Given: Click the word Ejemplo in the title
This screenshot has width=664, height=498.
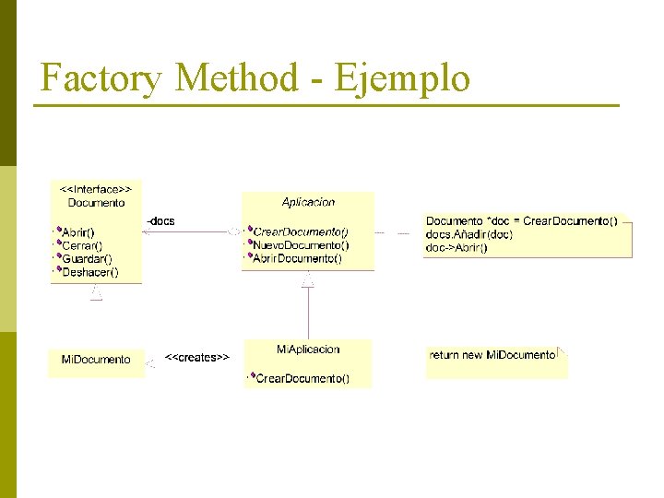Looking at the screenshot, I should [x=402, y=78].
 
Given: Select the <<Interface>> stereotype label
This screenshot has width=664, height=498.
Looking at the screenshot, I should [x=96, y=189].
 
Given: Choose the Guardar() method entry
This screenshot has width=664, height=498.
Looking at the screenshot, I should [x=87, y=259].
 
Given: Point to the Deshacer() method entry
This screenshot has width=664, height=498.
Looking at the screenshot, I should [x=89, y=272].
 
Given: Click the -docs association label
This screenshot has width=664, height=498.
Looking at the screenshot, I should [x=160, y=221].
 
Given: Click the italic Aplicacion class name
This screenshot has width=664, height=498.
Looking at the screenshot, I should [x=308, y=202].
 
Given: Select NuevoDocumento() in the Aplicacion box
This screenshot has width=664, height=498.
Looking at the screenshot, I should [x=301, y=245].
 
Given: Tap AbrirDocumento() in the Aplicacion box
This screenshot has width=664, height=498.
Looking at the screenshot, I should [x=297, y=259].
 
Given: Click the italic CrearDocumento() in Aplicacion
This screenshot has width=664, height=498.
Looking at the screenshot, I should [x=301, y=231].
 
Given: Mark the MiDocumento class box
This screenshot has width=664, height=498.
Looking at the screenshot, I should [x=96, y=360].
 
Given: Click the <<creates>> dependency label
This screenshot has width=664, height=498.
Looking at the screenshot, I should [x=197, y=357].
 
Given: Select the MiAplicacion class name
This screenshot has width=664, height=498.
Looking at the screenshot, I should [x=308, y=350].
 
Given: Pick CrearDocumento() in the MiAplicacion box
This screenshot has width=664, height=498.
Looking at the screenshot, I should [x=302, y=378].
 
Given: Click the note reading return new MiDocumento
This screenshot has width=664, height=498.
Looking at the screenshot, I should [x=492, y=355].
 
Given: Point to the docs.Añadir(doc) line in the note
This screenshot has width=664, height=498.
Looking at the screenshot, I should [x=469, y=234].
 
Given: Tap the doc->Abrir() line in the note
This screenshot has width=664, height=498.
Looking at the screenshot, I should [x=456, y=247].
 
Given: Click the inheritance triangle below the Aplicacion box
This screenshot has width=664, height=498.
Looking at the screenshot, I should [x=308, y=280].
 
